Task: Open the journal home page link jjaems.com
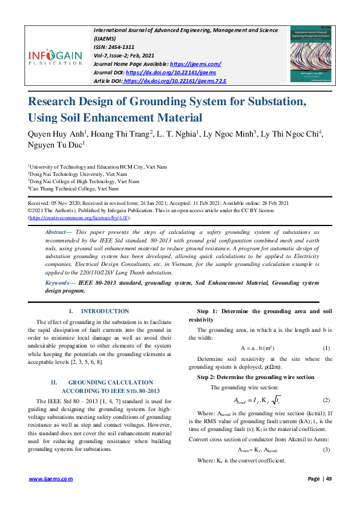[195, 63]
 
